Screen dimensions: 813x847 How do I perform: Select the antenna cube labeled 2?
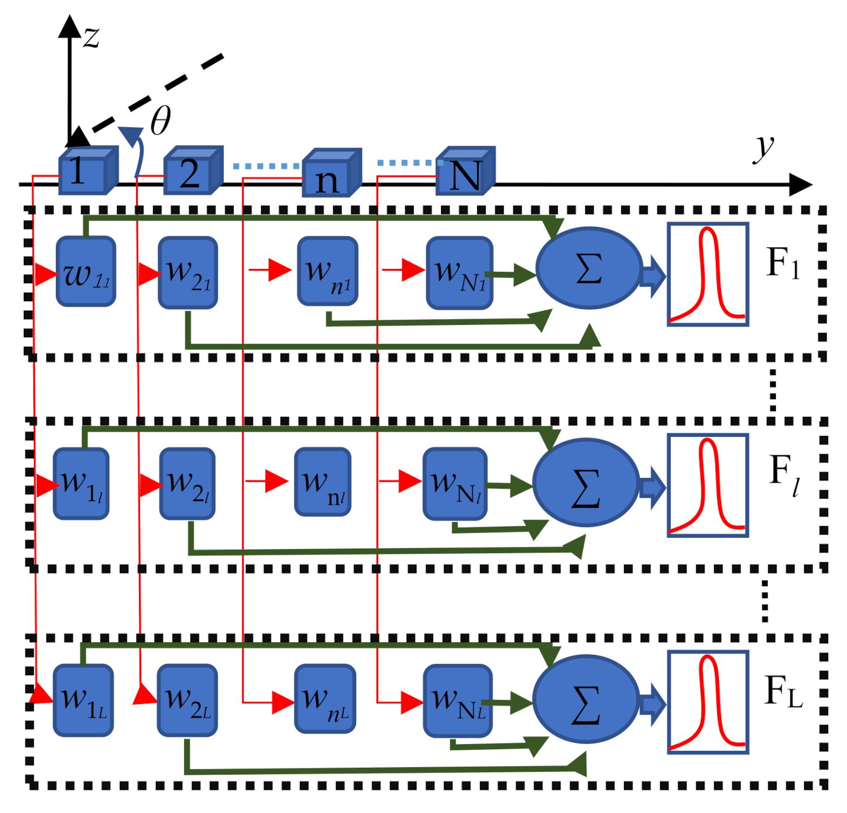click(x=193, y=170)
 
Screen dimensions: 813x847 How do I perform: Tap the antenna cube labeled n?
click(x=331, y=173)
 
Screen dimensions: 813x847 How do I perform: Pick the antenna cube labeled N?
click(x=465, y=171)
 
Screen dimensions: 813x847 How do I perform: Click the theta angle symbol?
click(x=160, y=121)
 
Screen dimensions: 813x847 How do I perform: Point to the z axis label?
click(x=91, y=37)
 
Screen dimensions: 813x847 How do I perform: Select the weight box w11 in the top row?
click(x=86, y=272)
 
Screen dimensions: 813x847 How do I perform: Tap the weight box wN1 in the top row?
click(x=459, y=273)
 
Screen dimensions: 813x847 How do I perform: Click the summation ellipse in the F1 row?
click(x=588, y=268)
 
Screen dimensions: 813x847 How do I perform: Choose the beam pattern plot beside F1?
click(x=708, y=274)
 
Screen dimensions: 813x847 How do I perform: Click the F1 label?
click(x=783, y=263)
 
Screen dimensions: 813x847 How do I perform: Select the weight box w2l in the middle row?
click(x=187, y=484)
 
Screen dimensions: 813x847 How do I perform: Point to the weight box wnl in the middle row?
click(x=323, y=482)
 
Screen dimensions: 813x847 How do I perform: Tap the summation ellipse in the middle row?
click(x=586, y=483)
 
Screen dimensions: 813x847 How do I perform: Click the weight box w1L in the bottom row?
click(x=83, y=701)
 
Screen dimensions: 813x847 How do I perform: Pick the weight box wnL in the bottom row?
click(x=325, y=699)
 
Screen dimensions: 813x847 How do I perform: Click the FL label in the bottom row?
click(x=783, y=691)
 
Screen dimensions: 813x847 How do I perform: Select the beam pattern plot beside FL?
click(x=708, y=702)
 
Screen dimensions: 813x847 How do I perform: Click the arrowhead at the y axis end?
click(x=801, y=185)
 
